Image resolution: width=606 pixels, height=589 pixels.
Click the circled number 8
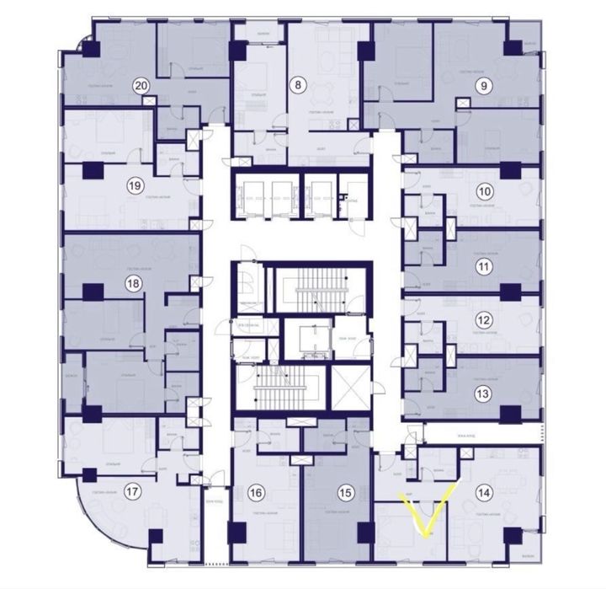tap(296, 84)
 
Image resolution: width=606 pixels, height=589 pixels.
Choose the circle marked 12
tap(483, 320)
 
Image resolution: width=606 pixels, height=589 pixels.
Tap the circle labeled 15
tap(343, 493)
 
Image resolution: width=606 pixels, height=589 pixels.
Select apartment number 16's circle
tap(257, 493)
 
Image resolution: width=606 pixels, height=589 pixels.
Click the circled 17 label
tap(132, 491)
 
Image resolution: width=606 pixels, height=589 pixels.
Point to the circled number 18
tap(132, 285)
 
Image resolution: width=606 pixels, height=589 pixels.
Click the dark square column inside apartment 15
tap(364, 533)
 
